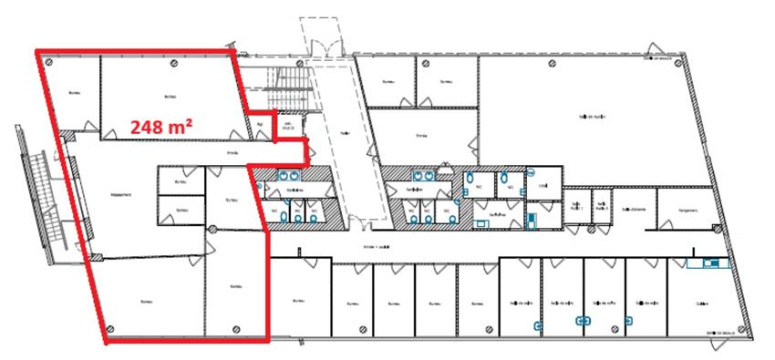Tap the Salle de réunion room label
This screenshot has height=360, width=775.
[593, 117]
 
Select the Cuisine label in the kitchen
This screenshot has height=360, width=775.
[702, 304]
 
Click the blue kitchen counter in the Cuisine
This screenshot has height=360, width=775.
[708, 264]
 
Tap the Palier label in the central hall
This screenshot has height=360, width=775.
[319, 132]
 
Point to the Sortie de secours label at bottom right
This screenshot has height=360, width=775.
[726, 334]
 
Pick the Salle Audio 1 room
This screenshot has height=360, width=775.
[574, 206]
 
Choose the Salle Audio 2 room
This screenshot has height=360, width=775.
[601, 206]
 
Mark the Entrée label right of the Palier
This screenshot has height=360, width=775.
[421, 135]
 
